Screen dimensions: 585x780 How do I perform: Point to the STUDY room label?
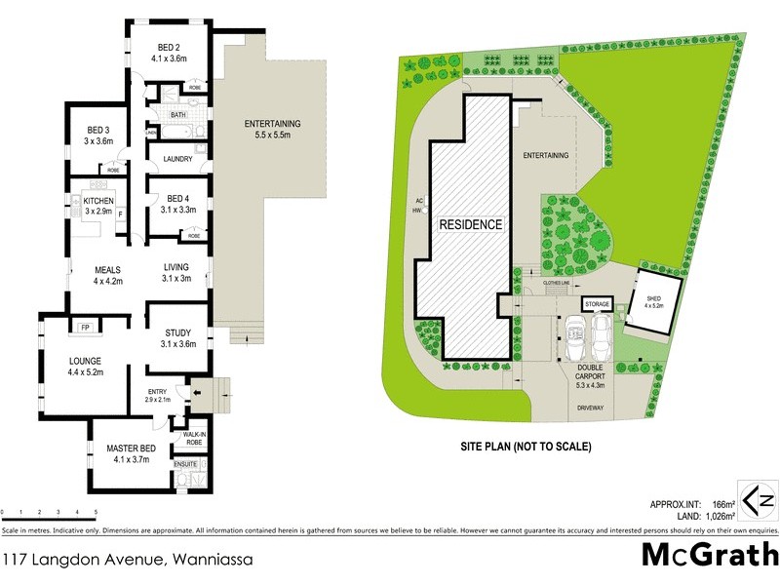point(178,332)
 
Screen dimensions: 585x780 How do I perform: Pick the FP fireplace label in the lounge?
point(85,327)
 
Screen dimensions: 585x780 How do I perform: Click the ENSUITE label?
point(186,464)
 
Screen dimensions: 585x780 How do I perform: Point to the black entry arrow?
point(198,394)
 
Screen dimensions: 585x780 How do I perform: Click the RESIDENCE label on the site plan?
point(470,224)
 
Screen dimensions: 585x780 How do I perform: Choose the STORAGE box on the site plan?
point(597,304)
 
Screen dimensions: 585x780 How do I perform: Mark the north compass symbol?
point(758,499)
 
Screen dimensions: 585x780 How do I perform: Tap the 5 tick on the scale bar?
point(96,511)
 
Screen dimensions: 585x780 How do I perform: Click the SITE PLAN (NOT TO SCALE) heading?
point(526,447)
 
